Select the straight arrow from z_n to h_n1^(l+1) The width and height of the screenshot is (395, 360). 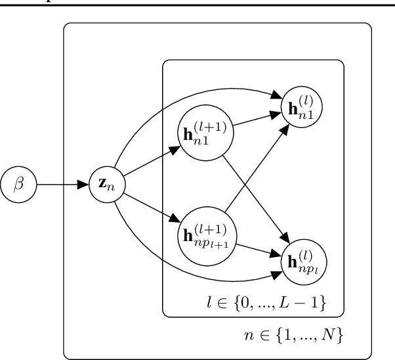coord(151,157)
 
